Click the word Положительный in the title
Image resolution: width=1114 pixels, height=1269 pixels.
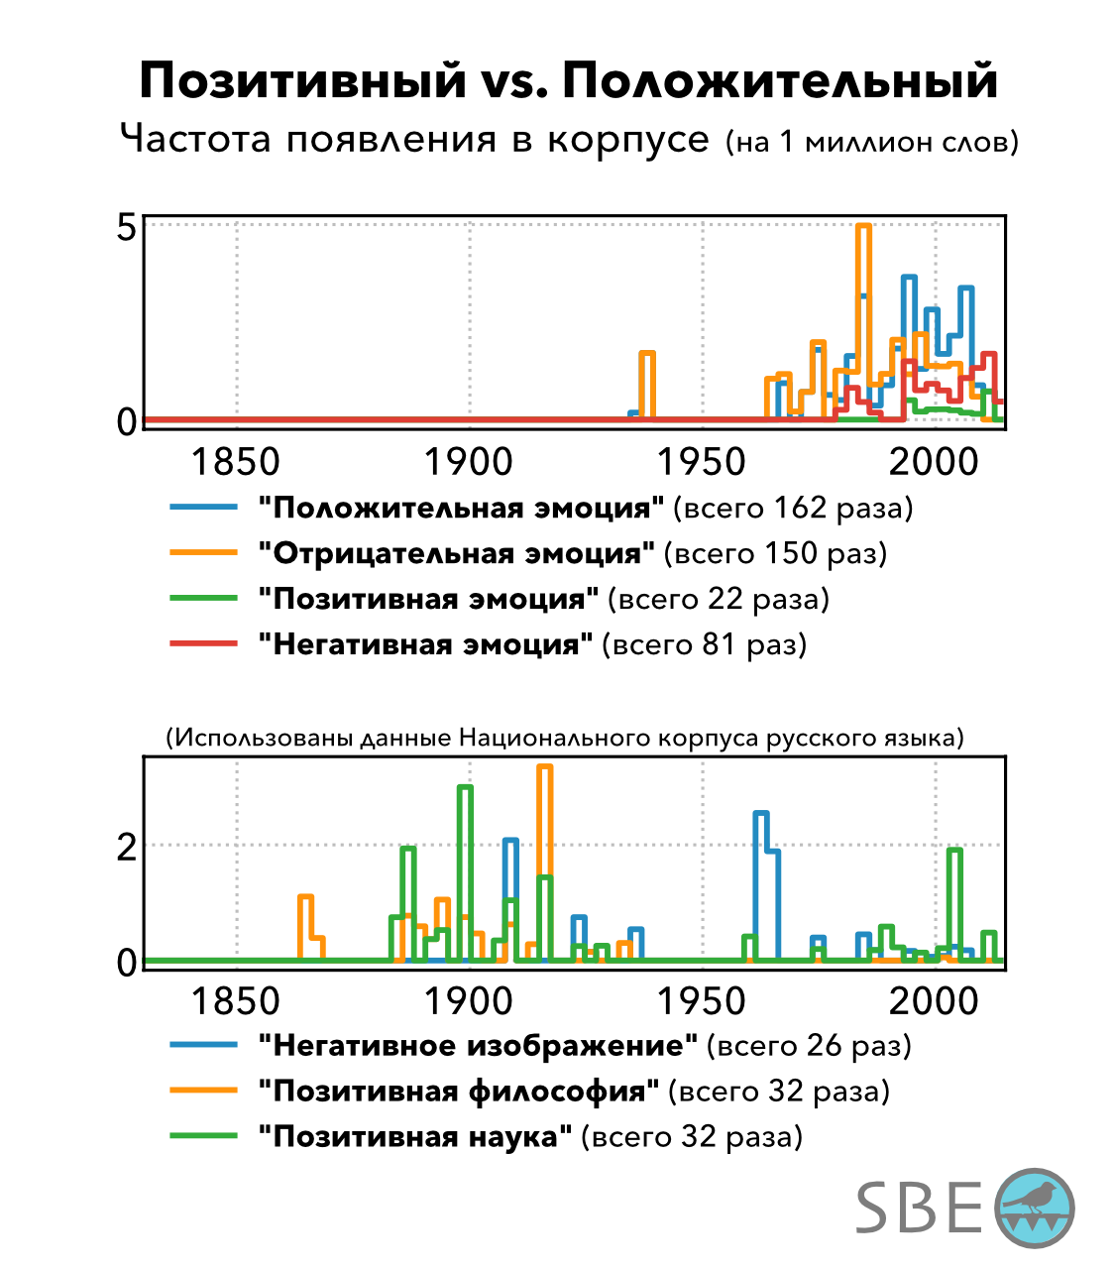[x=780, y=80]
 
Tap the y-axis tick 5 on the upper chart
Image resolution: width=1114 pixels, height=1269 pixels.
[x=127, y=227]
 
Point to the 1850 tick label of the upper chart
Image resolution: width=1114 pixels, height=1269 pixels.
[x=235, y=462]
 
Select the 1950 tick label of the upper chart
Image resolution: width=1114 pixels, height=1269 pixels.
[x=702, y=462]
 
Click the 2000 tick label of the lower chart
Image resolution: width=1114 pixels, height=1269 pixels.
[x=934, y=1001]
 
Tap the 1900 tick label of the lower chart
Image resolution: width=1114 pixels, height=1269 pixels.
[x=469, y=1001]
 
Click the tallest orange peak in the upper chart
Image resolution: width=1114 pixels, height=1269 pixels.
[x=863, y=228]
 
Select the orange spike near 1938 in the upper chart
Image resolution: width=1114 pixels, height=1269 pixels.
[x=647, y=355]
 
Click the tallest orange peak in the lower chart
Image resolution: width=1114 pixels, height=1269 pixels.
[x=544, y=768]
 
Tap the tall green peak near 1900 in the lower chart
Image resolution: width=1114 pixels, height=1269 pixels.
[x=465, y=788]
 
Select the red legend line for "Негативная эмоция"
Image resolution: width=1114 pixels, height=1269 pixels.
[x=204, y=643]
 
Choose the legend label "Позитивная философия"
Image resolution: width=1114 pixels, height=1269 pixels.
[x=458, y=1091]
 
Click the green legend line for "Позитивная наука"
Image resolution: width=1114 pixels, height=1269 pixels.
[x=204, y=1136]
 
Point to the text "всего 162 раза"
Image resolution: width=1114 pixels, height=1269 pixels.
[x=793, y=508]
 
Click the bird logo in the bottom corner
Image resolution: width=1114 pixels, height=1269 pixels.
[x=1034, y=1207]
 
